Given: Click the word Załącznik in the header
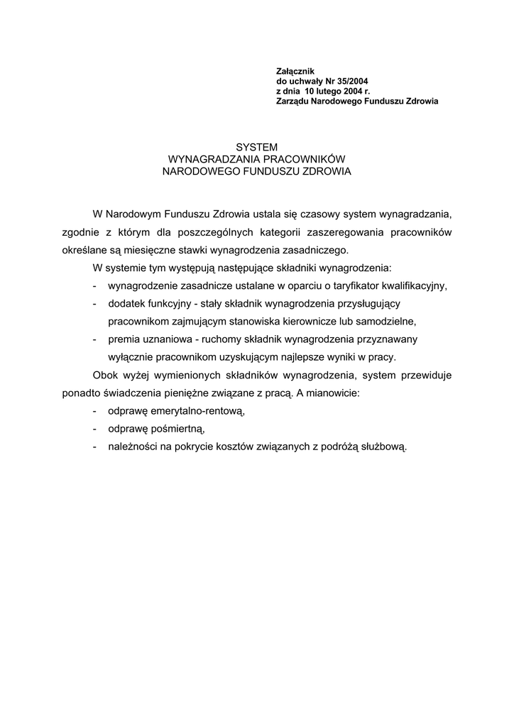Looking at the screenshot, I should click(x=294, y=71).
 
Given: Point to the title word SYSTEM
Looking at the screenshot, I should click(x=256, y=147).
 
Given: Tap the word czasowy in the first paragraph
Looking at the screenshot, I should click(x=319, y=213).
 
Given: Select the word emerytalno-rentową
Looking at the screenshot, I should click(x=176, y=411).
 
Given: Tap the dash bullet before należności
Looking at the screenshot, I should click(x=95, y=447).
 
